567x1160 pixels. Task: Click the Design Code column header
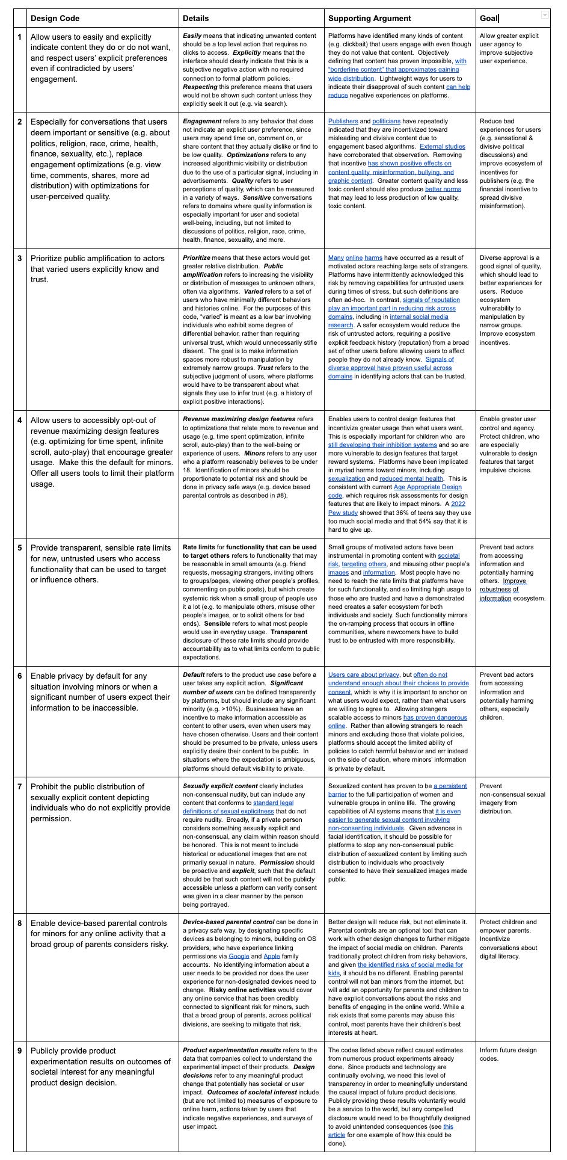[x=55, y=18]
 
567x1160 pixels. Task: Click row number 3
[x=20, y=259]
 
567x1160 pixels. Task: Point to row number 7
[x=20, y=786]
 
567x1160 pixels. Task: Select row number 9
[x=20, y=1050]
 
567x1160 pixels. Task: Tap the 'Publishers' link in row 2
[x=343, y=121]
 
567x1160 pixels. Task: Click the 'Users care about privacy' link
[x=363, y=674]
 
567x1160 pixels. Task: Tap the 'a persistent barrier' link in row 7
[x=450, y=786]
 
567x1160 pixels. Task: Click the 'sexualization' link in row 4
[x=346, y=479]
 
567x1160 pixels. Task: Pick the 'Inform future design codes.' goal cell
[x=508, y=1054]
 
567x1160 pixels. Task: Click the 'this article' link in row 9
[x=448, y=1126]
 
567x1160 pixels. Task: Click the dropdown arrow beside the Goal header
[x=545, y=14]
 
